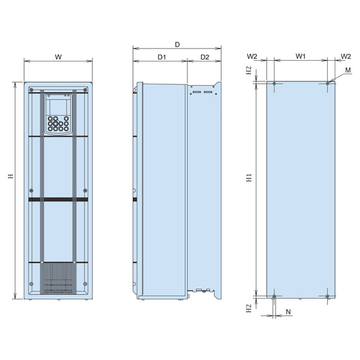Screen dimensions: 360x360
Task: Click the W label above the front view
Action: pyautogui.click(x=58, y=56)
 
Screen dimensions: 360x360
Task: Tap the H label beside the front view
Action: pyautogui.click(x=9, y=178)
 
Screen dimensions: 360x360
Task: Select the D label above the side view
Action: pyautogui.click(x=177, y=45)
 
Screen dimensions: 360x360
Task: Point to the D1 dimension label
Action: pyautogui.click(x=161, y=57)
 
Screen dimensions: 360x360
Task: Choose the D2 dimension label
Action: pyautogui.click(x=204, y=57)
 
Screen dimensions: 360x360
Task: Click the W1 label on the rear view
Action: pyautogui.click(x=300, y=56)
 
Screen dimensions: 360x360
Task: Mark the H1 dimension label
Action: pyautogui.click(x=248, y=178)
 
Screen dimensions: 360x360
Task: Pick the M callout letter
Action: pyautogui.click(x=348, y=71)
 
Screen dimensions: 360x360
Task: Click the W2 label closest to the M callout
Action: pyautogui.click(x=345, y=56)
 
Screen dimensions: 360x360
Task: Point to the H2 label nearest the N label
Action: pyautogui.click(x=248, y=307)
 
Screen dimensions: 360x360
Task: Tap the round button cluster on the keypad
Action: pyautogui.click(x=57, y=125)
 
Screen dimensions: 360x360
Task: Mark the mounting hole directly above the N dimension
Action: pyautogui.click(x=274, y=296)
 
